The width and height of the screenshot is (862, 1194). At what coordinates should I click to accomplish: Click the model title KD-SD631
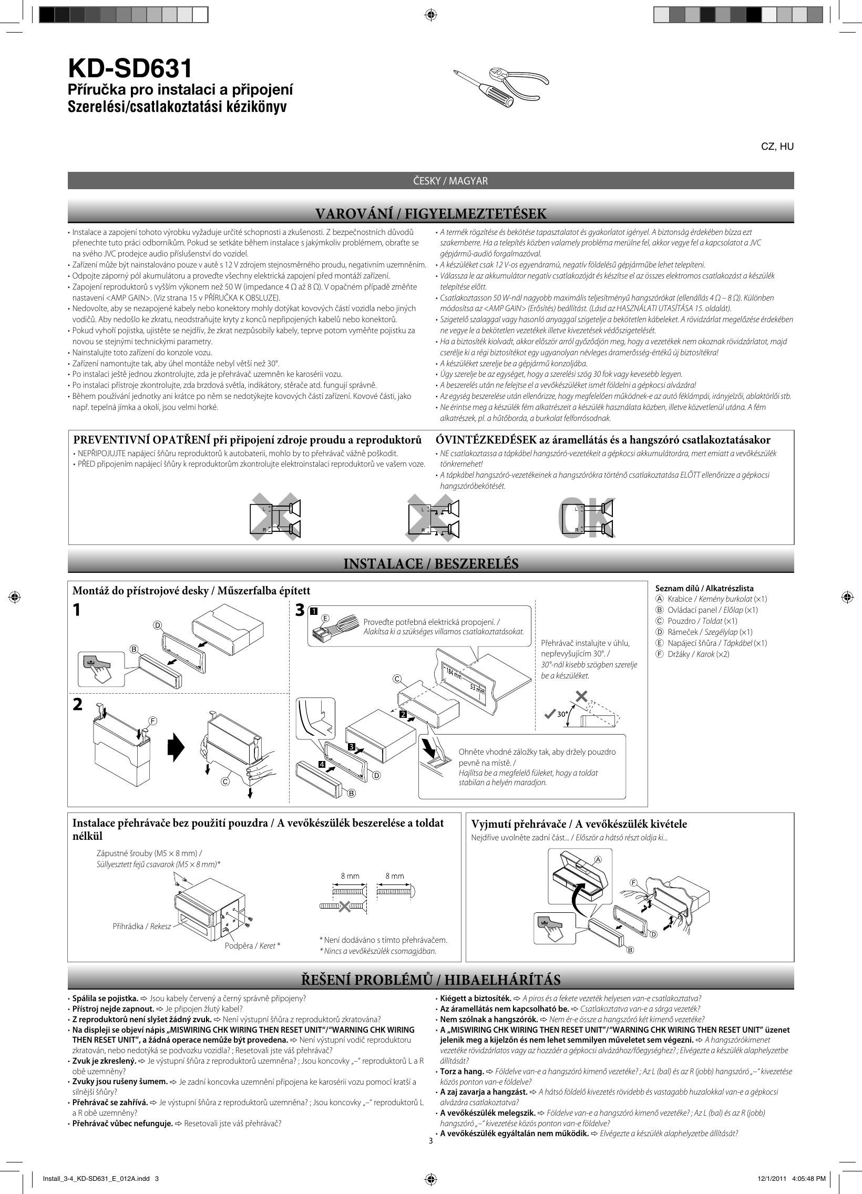pyautogui.click(x=129, y=69)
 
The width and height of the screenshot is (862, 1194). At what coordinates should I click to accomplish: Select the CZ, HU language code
pyautogui.click(x=777, y=147)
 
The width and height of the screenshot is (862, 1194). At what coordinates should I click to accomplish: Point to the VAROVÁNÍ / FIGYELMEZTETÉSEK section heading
pyautogui.click(x=430, y=214)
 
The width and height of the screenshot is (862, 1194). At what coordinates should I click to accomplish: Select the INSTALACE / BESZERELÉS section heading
pyautogui.click(x=430, y=564)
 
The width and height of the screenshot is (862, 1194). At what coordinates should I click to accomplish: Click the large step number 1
pyautogui.click(x=77, y=610)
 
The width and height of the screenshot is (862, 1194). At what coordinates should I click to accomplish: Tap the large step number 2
pyautogui.click(x=77, y=704)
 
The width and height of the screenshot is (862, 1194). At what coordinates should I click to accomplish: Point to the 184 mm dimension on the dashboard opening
pyautogui.click(x=454, y=673)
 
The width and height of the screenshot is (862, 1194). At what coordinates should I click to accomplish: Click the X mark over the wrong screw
pyautogui.click(x=344, y=907)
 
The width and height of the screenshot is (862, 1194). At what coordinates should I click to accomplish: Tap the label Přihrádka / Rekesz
pyautogui.click(x=141, y=926)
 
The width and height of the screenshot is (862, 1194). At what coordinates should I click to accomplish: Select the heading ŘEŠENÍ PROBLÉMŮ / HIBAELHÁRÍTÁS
pyautogui.click(x=430, y=980)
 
